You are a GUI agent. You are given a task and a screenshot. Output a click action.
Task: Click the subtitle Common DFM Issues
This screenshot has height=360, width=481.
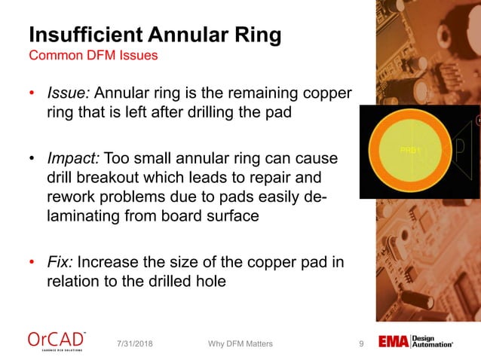[x=93, y=56]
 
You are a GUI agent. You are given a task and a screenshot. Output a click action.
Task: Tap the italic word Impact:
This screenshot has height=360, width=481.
[x=73, y=160]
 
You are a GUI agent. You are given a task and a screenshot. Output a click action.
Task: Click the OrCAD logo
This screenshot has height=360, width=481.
[x=57, y=340]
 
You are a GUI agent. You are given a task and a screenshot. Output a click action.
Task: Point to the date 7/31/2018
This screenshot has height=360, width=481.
[x=141, y=344]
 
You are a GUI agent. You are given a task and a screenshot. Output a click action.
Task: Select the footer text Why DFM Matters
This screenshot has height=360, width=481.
[x=240, y=344]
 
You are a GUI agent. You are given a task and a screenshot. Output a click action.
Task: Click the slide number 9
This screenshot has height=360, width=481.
[x=361, y=344]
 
